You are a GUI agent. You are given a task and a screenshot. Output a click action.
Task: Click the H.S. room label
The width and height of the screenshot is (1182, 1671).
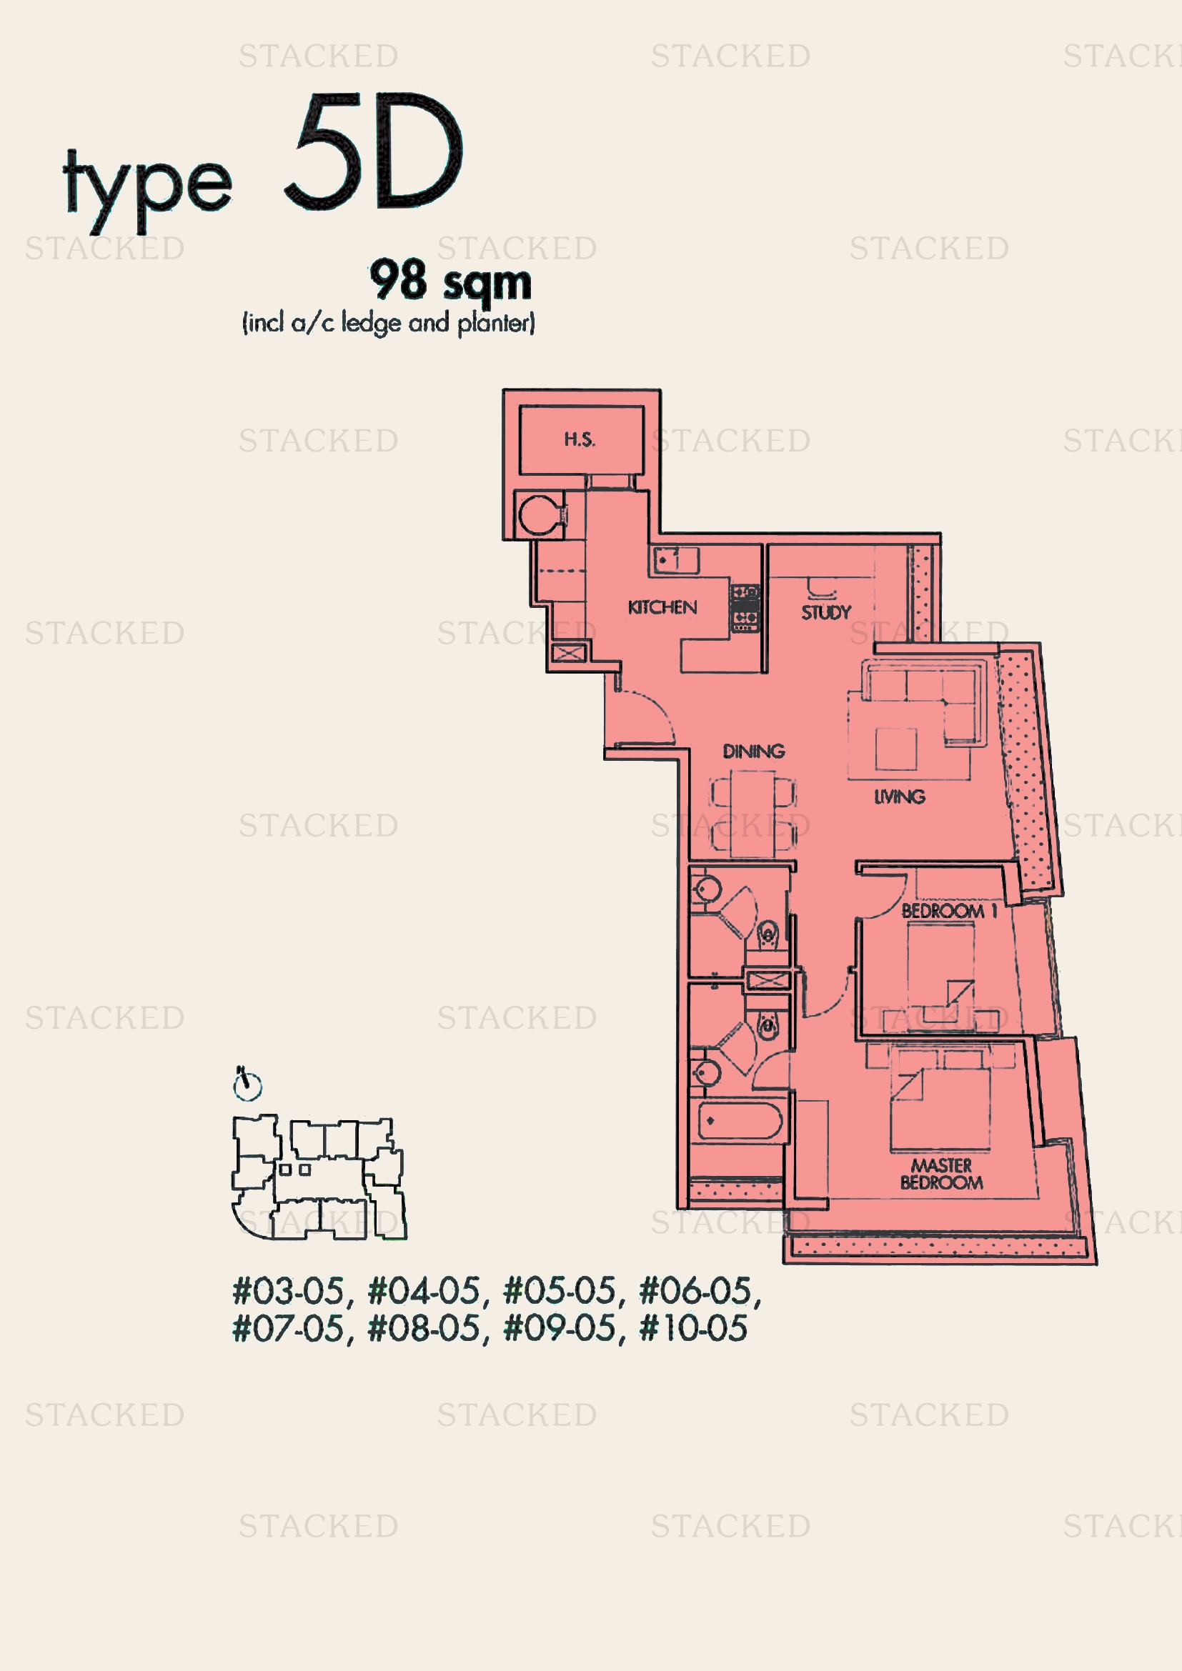pyautogui.click(x=580, y=439)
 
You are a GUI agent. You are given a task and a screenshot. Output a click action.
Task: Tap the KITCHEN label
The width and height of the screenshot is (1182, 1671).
pyautogui.click(x=662, y=607)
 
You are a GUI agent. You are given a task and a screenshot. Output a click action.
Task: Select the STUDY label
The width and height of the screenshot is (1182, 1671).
pyautogui.click(x=825, y=612)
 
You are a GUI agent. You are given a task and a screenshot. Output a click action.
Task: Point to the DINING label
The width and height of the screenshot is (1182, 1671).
pyautogui.click(x=753, y=751)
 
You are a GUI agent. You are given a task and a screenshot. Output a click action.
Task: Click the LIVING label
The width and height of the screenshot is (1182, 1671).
pyautogui.click(x=900, y=797)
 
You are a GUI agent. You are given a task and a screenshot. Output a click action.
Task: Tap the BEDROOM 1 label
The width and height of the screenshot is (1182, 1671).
pyautogui.click(x=948, y=910)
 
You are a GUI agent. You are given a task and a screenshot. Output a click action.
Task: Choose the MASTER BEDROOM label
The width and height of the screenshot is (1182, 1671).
pyautogui.click(x=941, y=1174)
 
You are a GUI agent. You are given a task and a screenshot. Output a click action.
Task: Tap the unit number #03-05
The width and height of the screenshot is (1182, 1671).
pyautogui.click(x=288, y=1291)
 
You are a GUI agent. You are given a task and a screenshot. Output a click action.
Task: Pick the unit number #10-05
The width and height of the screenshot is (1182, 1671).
pyautogui.click(x=693, y=1328)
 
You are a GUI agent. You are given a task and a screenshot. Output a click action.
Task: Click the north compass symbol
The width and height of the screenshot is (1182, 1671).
pyautogui.click(x=247, y=1084)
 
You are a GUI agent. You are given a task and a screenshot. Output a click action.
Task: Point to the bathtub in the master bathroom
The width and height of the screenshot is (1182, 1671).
pyautogui.click(x=740, y=1122)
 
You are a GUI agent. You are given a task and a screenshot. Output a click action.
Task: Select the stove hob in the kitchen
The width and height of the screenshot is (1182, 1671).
pyautogui.click(x=745, y=608)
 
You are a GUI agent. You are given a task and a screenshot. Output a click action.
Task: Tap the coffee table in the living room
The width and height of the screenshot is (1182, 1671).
pyautogui.click(x=895, y=749)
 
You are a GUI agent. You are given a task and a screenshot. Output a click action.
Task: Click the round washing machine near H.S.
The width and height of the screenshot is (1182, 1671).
pyautogui.click(x=539, y=514)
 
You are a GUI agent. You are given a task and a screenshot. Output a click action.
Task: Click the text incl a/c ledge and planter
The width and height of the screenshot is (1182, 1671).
pyautogui.click(x=389, y=322)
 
